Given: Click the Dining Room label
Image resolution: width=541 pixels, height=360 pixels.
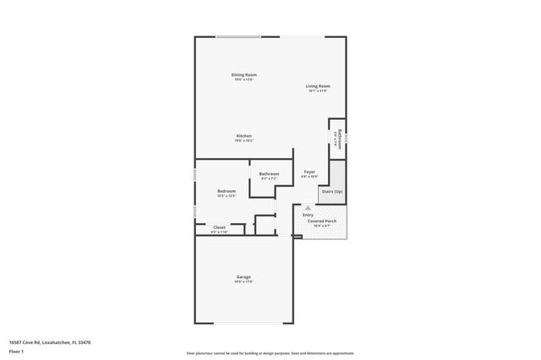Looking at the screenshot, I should [x=244, y=75].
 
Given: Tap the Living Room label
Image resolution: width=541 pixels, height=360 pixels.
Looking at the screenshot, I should [x=318, y=86].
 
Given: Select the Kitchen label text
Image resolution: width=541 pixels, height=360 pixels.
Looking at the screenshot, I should [x=244, y=136].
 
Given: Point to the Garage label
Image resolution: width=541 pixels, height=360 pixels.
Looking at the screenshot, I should [x=243, y=277].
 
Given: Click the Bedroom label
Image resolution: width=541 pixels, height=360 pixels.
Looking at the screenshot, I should [x=226, y=191].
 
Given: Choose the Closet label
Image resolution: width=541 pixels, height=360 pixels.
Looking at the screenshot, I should [x=219, y=227].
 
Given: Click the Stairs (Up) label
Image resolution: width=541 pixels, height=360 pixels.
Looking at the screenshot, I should [x=331, y=192].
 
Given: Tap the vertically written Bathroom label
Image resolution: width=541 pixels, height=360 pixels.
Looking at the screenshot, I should [x=340, y=139].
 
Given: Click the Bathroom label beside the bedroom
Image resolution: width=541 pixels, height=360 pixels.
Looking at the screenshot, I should [x=269, y=174].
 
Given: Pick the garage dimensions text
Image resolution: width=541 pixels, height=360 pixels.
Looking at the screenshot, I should [x=243, y=282].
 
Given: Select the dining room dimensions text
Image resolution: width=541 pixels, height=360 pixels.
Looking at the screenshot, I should [x=244, y=80].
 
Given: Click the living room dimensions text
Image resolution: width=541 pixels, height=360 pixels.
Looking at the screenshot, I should [x=318, y=91].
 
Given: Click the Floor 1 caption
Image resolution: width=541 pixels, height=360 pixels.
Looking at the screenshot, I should [x=17, y=352].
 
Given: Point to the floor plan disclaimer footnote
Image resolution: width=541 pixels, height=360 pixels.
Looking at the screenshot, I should [x=270, y=353].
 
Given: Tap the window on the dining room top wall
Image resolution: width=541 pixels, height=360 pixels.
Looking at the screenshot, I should [x=238, y=36].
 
